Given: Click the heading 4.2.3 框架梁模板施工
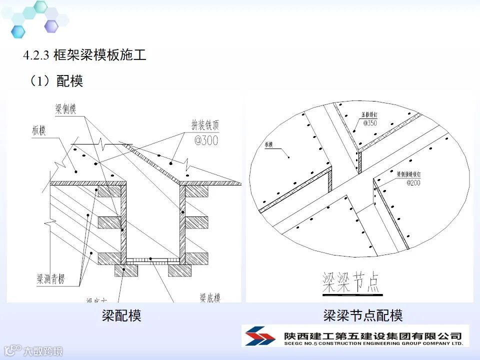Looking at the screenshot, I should pyautogui.click(x=84, y=55).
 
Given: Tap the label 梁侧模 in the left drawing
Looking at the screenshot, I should pyautogui.click(x=65, y=109).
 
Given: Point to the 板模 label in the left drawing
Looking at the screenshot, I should pyautogui.click(x=37, y=131).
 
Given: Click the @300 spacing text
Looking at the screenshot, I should pyautogui.click(x=206, y=140).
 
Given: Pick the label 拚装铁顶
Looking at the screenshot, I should pyautogui.click(x=204, y=124).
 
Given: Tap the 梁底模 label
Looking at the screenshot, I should pyautogui.click(x=210, y=298).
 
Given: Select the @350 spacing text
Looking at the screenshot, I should pyautogui.click(x=370, y=123).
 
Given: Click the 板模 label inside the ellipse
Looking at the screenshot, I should pyautogui.click(x=270, y=145).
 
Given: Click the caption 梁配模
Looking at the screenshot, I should pyautogui.click(x=121, y=315).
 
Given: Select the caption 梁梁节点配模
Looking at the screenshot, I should pyautogui.click(x=362, y=315).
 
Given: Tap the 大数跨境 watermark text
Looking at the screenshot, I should pyautogui.click(x=43, y=351).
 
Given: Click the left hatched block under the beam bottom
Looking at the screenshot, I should pyautogui.click(x=126, y=270).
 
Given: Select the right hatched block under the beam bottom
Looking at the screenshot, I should pyautogui.click(x=179, y=270).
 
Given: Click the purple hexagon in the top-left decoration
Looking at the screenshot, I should pyautogui.click(x=51, y=26).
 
